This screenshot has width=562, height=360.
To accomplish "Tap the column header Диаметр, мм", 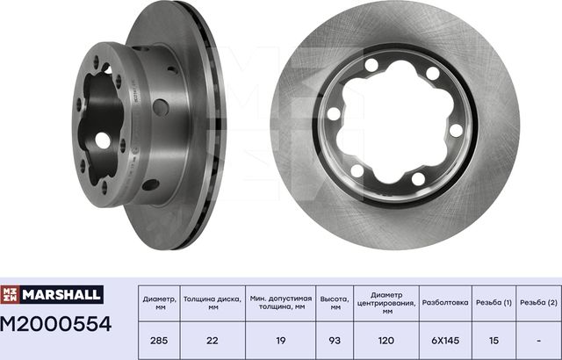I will tap(158, 303).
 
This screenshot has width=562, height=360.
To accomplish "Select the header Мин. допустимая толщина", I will tap(281, 303).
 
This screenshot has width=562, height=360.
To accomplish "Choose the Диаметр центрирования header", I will tap(386, 303).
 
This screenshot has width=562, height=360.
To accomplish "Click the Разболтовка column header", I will tap(444, 303).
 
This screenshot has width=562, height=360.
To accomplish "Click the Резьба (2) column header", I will tap(537, 303).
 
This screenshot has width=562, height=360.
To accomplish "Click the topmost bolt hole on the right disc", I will tap(371, 64).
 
